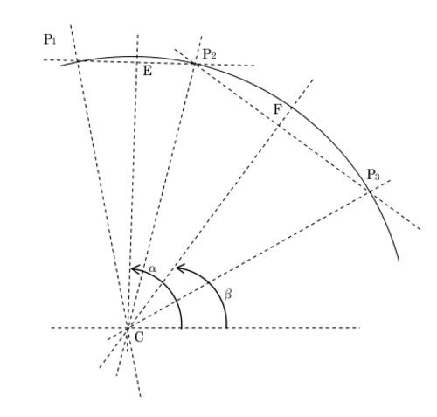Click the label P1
(50, 39)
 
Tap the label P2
(209, 54)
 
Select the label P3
(373, 175)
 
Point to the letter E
(148, 71)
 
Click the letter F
(278, 109)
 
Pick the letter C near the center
(139, 337)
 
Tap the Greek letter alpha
(153, 268)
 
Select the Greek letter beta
(228, 295)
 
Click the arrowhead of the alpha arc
(133, 269)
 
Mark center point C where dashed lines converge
(128, 328)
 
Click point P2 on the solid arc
(194, 63)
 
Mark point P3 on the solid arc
(370, 191)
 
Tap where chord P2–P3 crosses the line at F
(279, 125)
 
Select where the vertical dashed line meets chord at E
(136, 62)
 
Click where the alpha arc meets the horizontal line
(182, 328)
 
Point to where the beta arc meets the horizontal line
(226, 328)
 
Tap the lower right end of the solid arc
(399, 261)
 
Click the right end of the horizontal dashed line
(360, 328)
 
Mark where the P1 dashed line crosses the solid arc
(77, 61)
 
